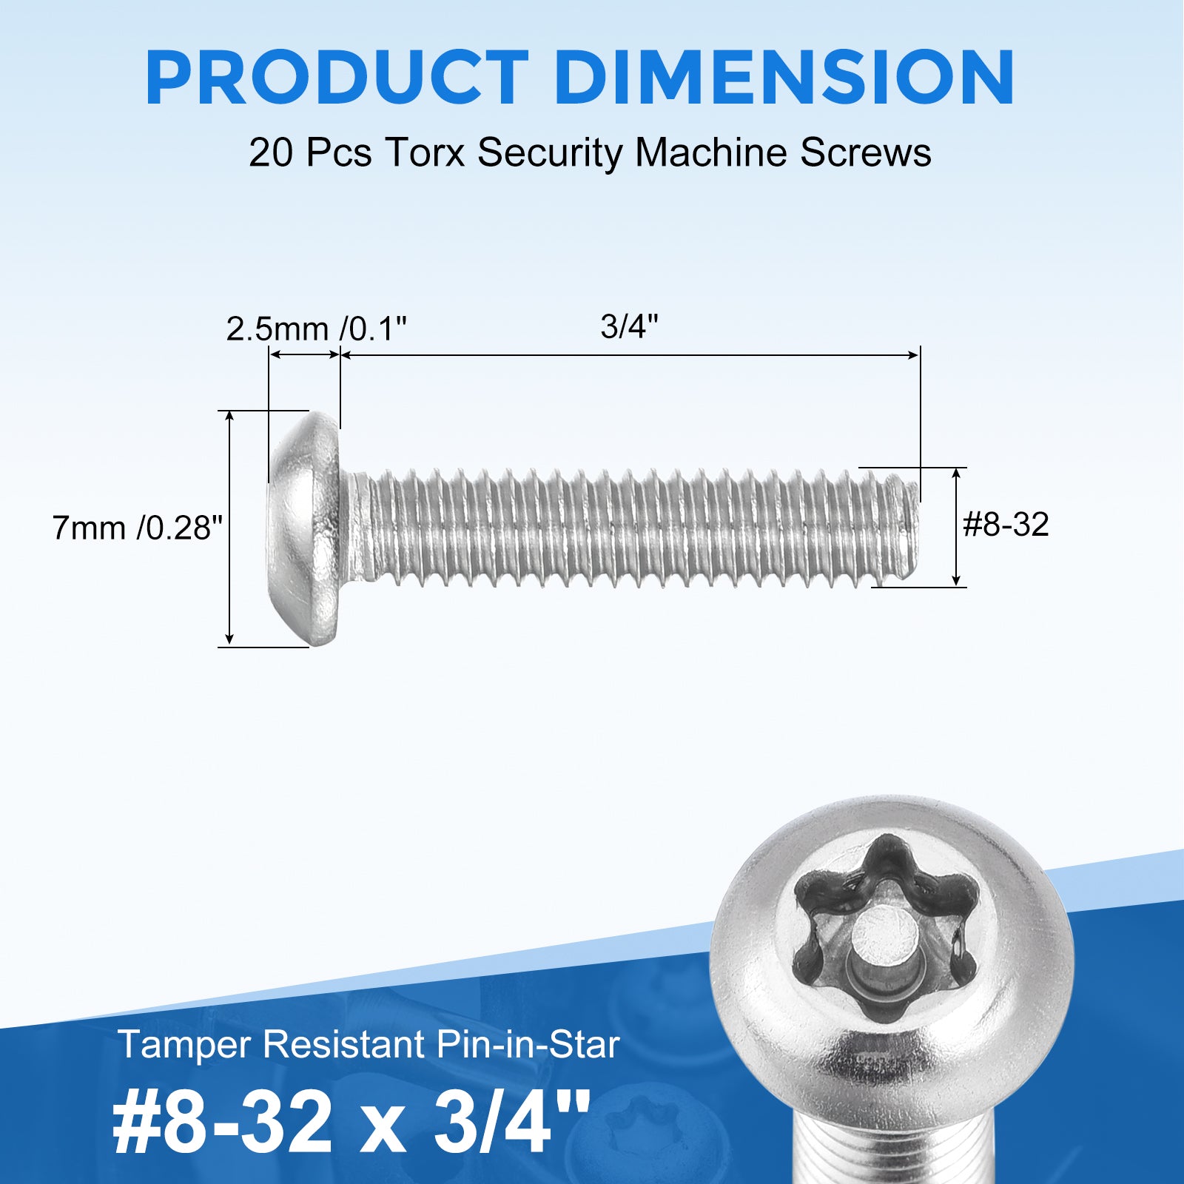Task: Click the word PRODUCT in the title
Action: (337, 78)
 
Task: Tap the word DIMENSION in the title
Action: (784, 78)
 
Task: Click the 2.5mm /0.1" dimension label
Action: (317, 329)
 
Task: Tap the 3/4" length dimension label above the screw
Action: (629, 326)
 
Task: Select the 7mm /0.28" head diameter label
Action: (138, 528)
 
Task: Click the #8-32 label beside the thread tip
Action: (1006, 525)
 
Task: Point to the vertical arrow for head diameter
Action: (230, 528)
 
